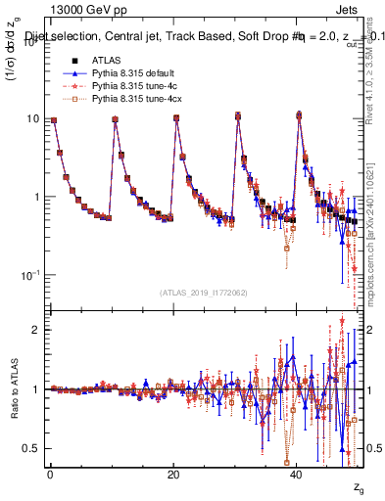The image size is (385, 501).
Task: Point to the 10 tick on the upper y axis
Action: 31,119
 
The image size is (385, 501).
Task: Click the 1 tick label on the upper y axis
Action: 35,197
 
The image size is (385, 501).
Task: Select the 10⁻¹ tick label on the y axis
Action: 29,274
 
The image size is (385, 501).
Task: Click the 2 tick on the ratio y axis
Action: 35,331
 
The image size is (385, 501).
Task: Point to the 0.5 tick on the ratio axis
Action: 30,448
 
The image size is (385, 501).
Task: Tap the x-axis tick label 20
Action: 173,476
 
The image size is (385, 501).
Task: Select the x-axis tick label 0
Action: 49,476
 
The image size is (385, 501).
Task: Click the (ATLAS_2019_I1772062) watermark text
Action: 204,293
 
